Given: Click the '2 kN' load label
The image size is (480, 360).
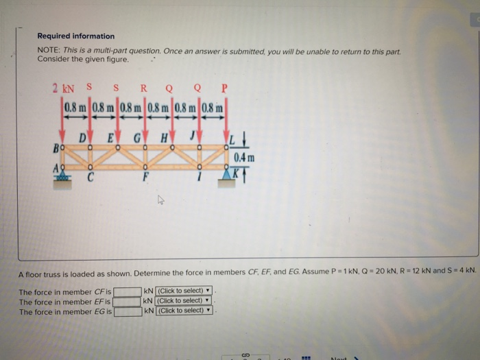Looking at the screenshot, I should pyautogui.click(x=64, y=88).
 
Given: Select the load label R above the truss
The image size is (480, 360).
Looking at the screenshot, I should pyautogui.click(x=143, y=88).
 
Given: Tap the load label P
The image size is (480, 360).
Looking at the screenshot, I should pyautogui.click(x=224, y=88).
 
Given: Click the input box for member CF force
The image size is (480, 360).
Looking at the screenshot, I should pyautogui.click(x=128, y=291).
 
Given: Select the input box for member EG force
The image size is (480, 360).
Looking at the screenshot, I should pyautogui.click(x=128, y=311).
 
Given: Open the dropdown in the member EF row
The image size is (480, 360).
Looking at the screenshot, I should pyautogui.click(x=184, y=301).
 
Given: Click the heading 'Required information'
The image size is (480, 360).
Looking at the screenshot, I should pyautogui.click(x=76, y=36).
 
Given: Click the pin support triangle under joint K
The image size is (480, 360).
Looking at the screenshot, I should pyautogui.click(x=227, y=176).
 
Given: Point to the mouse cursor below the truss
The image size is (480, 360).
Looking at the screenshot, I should pyautogui.click(x=160, y=201).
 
